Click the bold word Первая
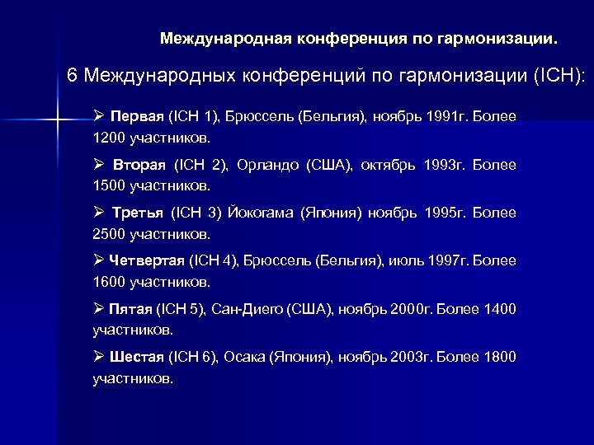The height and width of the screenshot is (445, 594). [x=137, y=117]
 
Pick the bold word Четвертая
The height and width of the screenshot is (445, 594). [x=147, y=260]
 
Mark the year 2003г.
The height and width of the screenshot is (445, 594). [x=408, y=357]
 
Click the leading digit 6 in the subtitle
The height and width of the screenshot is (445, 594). [x=72, y=76]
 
